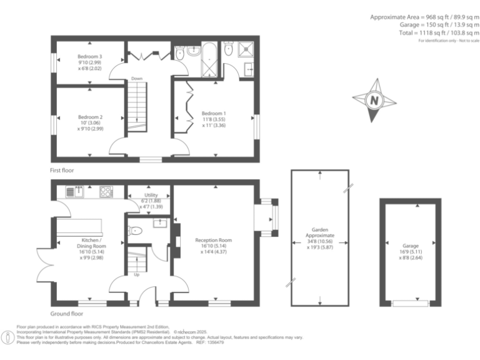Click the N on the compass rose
[x=374, y=100]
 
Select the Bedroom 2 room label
[x=90, y=117]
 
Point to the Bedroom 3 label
[x=89, y=56]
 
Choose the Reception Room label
[x=213, y=240]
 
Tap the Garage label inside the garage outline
[x=410, y=246]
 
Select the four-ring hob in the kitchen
[x=106, y=192]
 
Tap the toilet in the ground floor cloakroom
[x=135, y=231]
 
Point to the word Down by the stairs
[x=137, y=79]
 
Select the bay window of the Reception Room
[x=268, y=217]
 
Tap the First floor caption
[x=65, y=170]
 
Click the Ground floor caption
[x=67, y=314]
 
